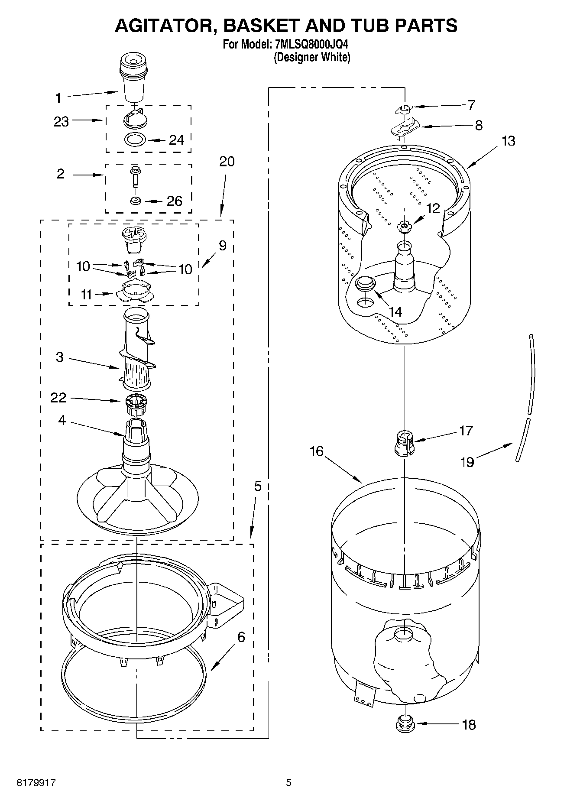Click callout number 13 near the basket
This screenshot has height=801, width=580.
[x=509, y=141]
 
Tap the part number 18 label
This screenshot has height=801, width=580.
[x=469, y=724]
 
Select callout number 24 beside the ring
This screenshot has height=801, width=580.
[x=176, y=140]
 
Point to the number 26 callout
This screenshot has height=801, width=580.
[x=174, y=201]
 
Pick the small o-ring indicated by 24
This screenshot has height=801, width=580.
[x=135, y=140]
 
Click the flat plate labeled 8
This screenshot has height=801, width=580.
[x=403, y=128]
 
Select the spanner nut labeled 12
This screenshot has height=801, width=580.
[x=404, y=225]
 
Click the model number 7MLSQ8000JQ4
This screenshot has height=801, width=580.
[x=311, y=44]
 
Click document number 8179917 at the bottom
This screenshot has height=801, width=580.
[x=36, y=782]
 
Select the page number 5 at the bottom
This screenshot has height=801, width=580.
[x=288, y=782]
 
